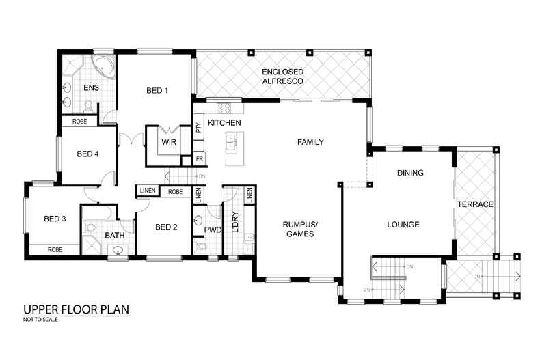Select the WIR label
168,142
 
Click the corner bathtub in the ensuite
103,67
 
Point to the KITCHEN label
224,122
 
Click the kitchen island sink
232,142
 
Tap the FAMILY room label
310,142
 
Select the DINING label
410,173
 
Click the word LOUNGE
403,225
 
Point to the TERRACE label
476,204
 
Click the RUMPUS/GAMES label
301,229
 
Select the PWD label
213,230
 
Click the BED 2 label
166,227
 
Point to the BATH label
114,236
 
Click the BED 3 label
55,219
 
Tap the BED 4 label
87,154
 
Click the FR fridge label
200,159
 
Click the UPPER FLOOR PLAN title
76,309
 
